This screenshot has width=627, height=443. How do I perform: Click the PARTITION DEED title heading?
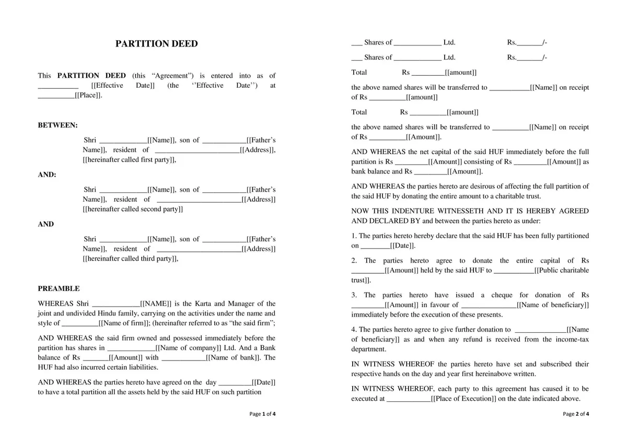(157, 44)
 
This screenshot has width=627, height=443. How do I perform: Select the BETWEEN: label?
(57, 125)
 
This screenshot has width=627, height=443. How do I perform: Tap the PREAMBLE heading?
(59, 288)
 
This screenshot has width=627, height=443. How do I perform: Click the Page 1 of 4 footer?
(262, 414)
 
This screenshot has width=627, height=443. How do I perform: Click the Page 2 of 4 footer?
(576, 414)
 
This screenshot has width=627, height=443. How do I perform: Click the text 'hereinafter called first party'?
(129, 160)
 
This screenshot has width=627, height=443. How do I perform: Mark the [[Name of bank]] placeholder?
(233, 358)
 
